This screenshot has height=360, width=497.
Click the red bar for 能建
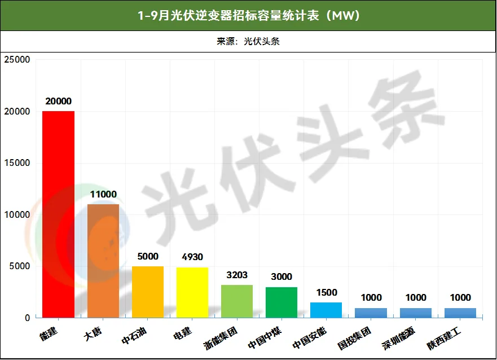(58, 214)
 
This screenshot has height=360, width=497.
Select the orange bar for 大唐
(103, 261)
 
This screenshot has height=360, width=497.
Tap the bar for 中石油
(148, 292)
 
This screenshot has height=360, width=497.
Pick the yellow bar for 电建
(192, 292)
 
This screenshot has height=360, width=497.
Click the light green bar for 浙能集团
(237, 301)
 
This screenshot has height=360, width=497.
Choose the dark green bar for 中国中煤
(282, 302)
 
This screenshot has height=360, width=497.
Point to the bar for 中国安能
(326, 310)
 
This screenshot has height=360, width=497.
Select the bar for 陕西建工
(460, 313)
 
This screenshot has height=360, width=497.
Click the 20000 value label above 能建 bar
(58, 102)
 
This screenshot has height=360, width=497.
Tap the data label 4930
(192, 257)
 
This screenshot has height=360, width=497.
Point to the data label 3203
(237, 275)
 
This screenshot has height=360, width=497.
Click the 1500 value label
(327, 292)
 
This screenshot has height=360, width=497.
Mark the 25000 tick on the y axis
(17, 60)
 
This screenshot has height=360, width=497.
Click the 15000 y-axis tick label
(17, 163)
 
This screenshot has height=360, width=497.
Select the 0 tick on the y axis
(28, 318)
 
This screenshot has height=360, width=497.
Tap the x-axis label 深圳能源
(398, 339)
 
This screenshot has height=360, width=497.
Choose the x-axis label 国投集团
(354, 339)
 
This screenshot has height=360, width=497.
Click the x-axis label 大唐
(93, 334)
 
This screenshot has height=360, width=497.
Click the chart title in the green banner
(248, 15)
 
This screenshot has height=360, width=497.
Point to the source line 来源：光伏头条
(248, 42)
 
